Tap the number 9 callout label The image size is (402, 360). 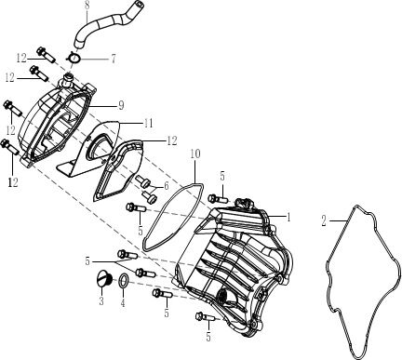click(121, 105)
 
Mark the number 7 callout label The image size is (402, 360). click(113, 59)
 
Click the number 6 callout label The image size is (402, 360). click(167, 186)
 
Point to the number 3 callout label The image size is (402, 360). click(100, 302)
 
